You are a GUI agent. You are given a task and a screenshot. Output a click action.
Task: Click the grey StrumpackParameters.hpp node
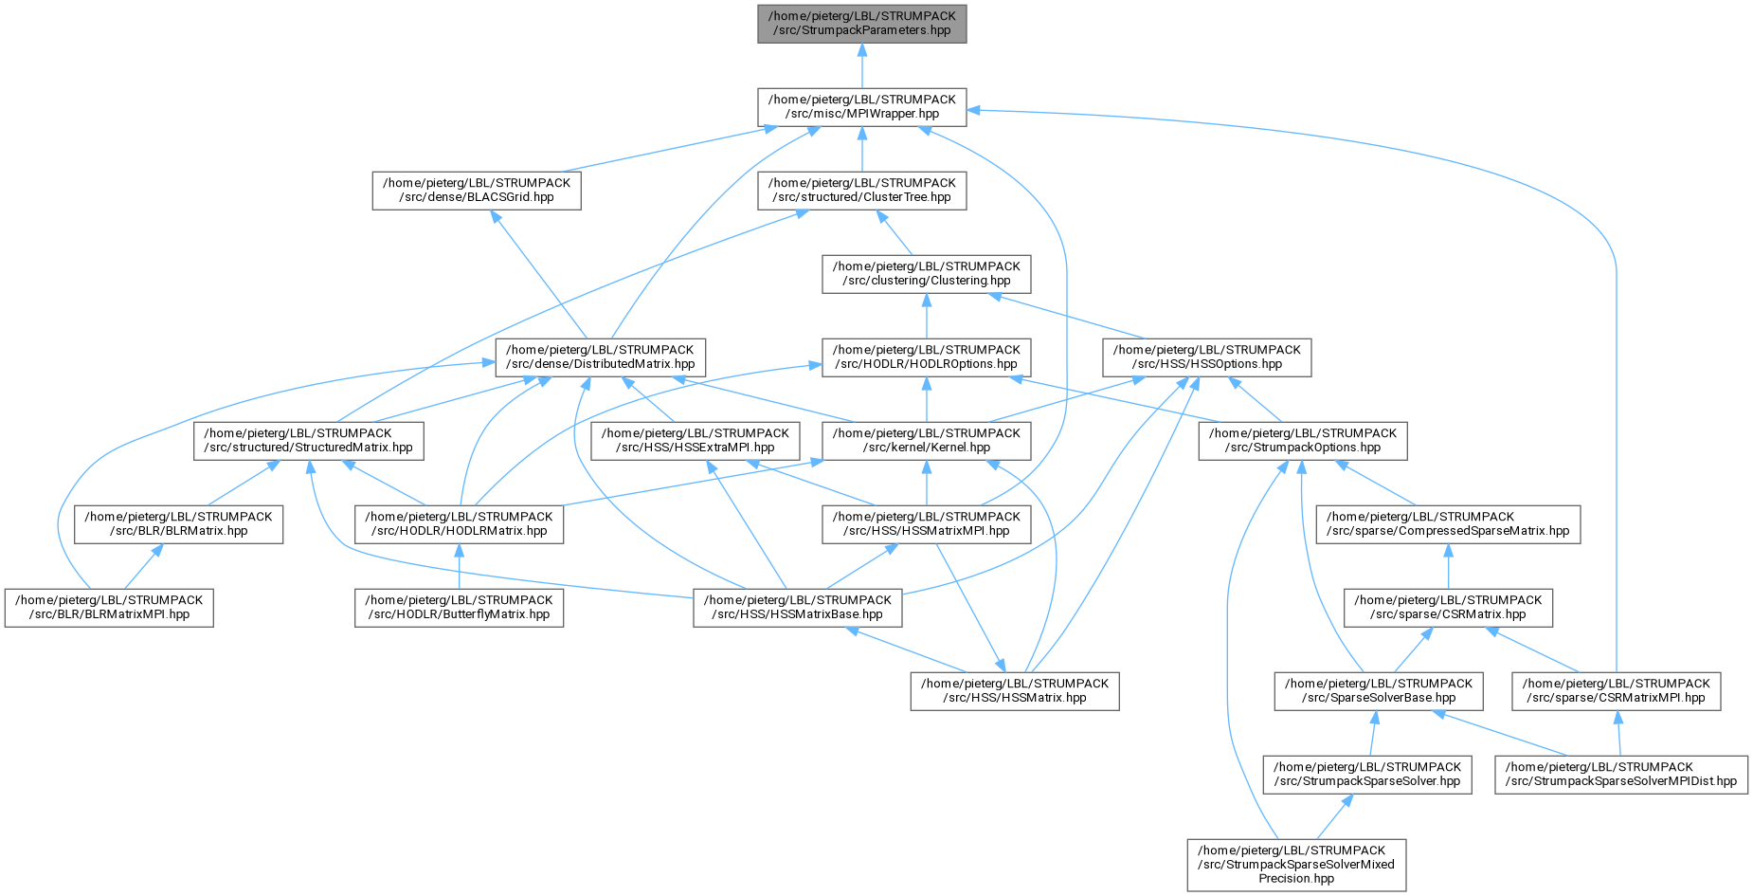tap(861, 24)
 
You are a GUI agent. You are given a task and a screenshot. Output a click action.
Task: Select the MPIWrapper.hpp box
tap(861, 107)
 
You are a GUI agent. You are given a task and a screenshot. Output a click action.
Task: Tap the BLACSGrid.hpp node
tap(476, 191)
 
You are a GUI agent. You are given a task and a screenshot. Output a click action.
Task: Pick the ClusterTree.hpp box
tap(861, 191)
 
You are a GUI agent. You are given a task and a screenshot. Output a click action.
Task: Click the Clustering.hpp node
tap(926, 274)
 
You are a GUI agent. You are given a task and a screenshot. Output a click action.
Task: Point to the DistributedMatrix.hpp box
tap(599, 357)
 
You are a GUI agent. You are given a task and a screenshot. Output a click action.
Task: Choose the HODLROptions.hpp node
tap(926, 357)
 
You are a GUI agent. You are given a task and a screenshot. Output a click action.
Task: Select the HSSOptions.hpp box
tap(1206, 357)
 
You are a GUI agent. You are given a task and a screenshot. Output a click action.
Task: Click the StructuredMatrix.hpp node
tap(309, 441)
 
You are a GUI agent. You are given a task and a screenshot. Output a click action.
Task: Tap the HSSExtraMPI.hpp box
tap(695, 441)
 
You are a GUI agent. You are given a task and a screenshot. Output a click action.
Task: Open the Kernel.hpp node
tap(926, 441)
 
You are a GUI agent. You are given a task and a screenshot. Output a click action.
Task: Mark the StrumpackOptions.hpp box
tap(1302, 441)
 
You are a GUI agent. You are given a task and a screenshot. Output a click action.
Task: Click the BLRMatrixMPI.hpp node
tap(109, 608)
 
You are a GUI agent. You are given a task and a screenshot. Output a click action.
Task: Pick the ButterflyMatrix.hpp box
tap(459, 608)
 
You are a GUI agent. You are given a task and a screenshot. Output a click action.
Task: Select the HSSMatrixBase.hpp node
tap(797, 608)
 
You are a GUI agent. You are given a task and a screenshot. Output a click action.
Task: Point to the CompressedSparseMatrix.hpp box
tap(1448, 524)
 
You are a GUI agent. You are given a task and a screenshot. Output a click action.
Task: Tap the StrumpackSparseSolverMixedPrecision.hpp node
tap(1296, 865)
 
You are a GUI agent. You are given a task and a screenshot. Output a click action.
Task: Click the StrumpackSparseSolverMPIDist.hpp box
tap(1620, 775)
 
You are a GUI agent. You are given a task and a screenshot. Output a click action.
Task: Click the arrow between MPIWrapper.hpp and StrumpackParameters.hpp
tap(861, 65)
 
